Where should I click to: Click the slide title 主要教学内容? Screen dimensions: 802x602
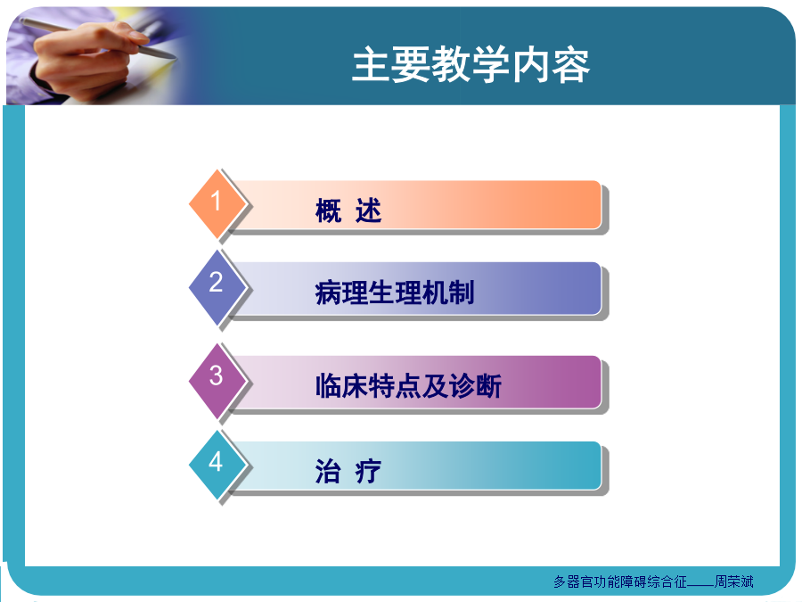(471, 64)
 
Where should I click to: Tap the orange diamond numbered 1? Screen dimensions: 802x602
(217, 203)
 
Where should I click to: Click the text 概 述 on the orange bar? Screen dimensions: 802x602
(348, 210)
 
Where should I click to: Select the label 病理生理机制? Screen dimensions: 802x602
(395, 293)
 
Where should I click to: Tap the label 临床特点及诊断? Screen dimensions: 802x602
(408, 386)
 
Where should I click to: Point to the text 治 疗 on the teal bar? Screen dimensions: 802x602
(348, 471)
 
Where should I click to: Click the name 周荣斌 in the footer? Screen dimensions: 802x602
(734, 581)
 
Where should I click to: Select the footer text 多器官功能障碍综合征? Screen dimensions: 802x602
(620, 581)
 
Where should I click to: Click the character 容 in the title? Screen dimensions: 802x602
(571, 64)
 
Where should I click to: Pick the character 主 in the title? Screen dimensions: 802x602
(372, 64)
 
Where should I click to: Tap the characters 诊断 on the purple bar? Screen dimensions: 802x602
(475, 386)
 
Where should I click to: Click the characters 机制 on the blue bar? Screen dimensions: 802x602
(447, 293)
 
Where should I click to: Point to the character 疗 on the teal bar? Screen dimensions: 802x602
(369, 471)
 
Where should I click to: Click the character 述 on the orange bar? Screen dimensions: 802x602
(369, 210)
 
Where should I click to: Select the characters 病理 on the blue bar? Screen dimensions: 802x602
(341, 293)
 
